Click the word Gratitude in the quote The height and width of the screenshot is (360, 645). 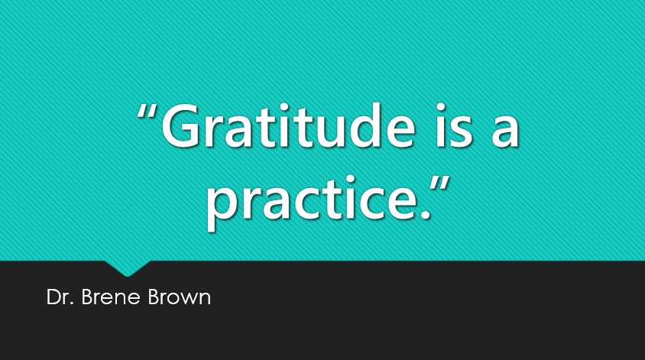point(288,125)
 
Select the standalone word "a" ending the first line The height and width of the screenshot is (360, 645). point(505,131)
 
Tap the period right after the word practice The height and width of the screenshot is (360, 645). point(426,214)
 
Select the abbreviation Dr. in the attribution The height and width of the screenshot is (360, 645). point(60,297)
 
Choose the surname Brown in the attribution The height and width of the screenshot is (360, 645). point(180,297)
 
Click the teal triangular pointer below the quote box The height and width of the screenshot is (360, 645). point(128,268)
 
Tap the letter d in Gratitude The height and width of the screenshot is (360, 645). point(352,125)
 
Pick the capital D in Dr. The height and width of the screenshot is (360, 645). point(53,297)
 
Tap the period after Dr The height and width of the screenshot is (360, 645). point(72,303)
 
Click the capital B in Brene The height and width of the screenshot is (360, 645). point(87,297)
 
